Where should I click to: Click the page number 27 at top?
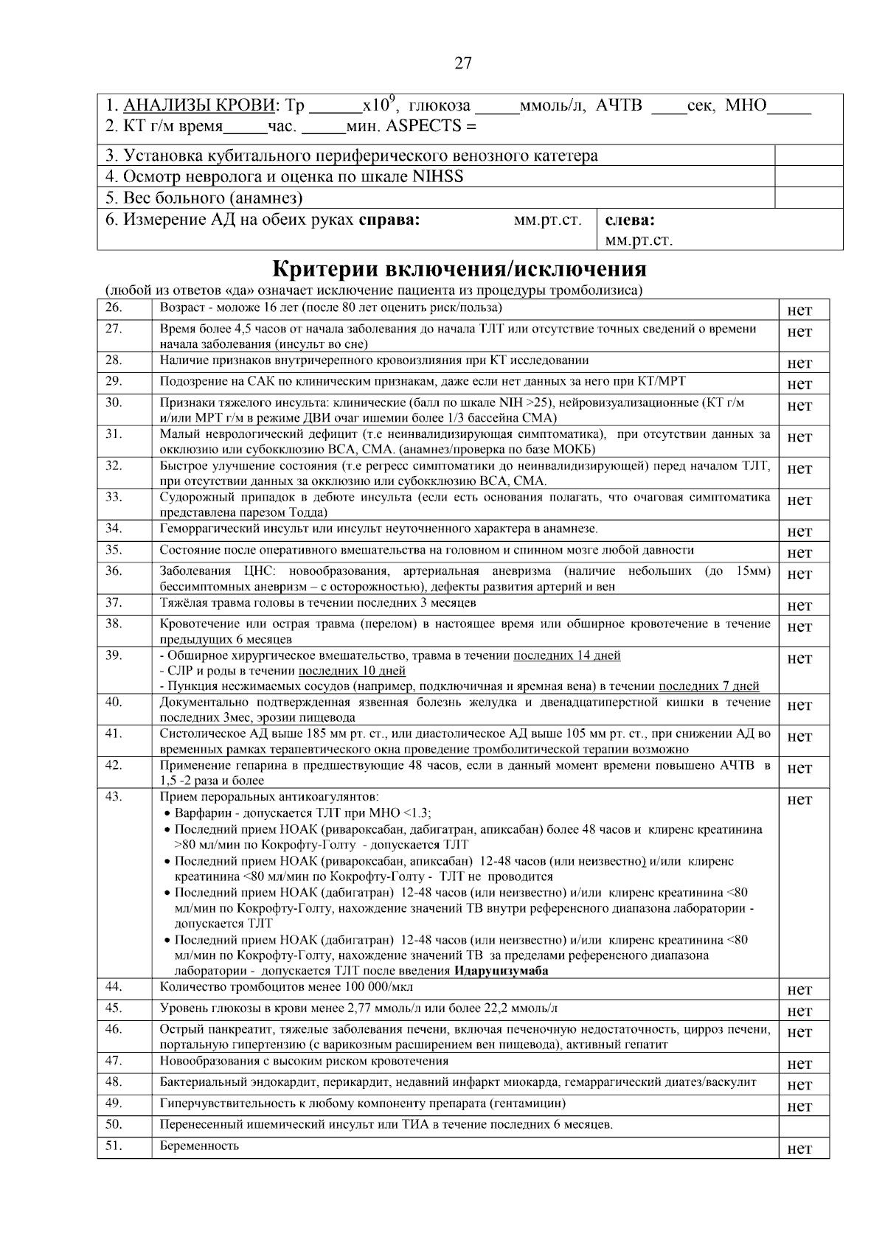462,63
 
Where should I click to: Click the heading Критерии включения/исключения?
459,268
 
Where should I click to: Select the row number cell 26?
114,307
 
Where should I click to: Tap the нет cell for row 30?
799,405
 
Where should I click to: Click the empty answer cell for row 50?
803,1126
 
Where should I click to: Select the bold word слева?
630,220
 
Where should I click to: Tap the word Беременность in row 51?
199,1146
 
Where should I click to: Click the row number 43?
114,796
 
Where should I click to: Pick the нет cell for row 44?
799,990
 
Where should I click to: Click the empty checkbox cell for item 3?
808,156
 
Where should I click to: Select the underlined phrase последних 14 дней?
566,655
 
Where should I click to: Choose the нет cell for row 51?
799,1149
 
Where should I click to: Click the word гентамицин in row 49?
527,1104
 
